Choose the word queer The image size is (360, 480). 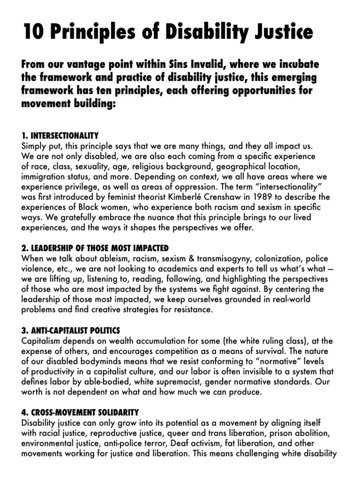click(x=198, y=433)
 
